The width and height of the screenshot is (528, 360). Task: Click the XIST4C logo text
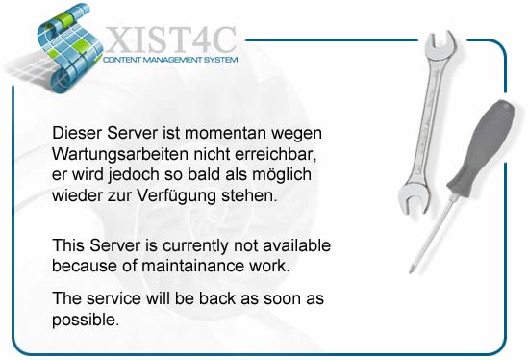pos(171,39)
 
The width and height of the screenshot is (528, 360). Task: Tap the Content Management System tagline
pos(170,60)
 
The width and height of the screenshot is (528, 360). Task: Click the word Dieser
pos(77,133)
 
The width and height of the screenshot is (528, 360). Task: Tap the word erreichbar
pos(276,154)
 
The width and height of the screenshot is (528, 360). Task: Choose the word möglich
pos(282,175)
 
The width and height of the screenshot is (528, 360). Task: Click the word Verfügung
pos(176,195)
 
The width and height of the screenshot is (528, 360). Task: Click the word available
pos(296,245)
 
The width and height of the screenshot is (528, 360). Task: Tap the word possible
pos(86,321)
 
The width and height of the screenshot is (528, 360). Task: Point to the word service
pos(113,299)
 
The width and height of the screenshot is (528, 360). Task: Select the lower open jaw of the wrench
pos(415,199)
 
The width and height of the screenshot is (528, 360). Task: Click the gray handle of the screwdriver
pos(481,148)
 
